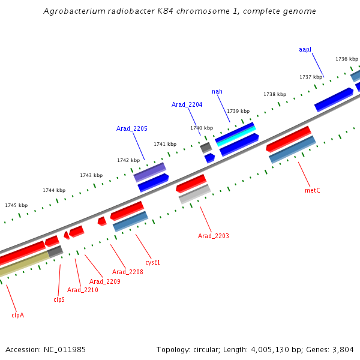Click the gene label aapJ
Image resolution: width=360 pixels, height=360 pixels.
click(x=305, y=49)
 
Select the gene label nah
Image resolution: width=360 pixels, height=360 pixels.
click(x=217, y=91)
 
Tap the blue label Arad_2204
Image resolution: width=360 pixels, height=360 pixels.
click(x=187, y=104)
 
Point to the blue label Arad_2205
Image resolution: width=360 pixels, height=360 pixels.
click(x=132, y=128)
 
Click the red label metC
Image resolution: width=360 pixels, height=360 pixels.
click(x=313, y=190)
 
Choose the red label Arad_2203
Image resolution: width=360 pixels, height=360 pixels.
click(x=214, y=236)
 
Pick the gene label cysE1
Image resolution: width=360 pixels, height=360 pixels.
click(x=153, y=262)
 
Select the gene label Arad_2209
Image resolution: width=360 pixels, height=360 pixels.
click(x=105, y=281)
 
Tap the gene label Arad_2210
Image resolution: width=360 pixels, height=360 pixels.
click(x=83, y=290)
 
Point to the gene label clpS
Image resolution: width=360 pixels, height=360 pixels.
click(x=59, y=299)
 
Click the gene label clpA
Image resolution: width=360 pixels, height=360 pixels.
click(x=17, y=314)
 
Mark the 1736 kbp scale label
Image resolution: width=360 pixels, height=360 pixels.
click(x=347, y=59)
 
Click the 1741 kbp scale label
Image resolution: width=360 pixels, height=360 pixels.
click(x=165, y=144)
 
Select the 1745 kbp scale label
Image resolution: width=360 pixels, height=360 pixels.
click(x=16, y=205)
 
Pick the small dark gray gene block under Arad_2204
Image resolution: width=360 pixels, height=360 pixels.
click(x=206, y=147)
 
